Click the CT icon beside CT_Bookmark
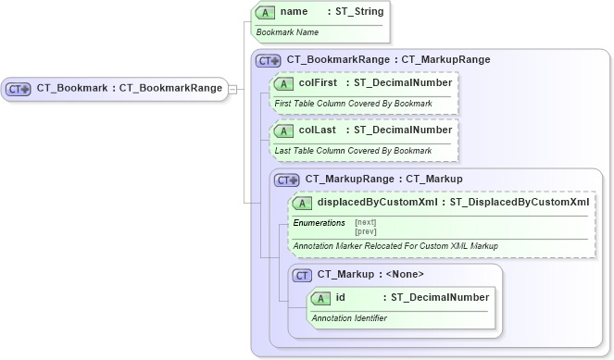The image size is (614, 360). click(x=19, y=89)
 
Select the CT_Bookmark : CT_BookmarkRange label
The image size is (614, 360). click(x=129, y=89)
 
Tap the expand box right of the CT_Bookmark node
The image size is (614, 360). click(x=233, y=89)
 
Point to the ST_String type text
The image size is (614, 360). click(x=356, y=12)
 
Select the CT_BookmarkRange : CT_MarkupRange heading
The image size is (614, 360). click(x=388, y=59)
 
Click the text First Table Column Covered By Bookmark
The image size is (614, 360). click(x=353, y=103)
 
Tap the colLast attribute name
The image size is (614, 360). click(x=317, y=130)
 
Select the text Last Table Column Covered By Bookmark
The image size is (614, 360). click(x=353, y=150)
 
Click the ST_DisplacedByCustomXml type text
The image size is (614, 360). click(x=519, y=203)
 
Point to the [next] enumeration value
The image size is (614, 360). click(x=366, y=222)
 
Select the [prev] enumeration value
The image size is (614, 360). click(x=366, y=231)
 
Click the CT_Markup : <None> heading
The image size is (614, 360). click(x=370, y=274)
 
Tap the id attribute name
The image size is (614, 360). click(x=341, y=298)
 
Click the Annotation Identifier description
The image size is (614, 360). click(x=349, y=318)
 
